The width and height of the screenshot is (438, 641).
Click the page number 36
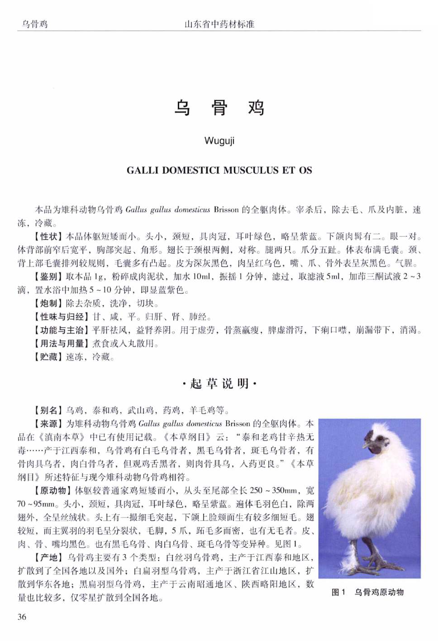click(22, 617)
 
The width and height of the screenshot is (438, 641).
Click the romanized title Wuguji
click(219, 141)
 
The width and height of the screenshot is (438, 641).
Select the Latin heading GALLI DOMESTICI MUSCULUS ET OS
click(219, 171)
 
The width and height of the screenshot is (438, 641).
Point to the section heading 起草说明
click(219, 384)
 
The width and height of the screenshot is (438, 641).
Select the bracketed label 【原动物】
click(52, 490)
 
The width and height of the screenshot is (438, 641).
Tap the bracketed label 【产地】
click(49, 557)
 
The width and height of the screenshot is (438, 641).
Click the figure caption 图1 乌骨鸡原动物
click(367, 592)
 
